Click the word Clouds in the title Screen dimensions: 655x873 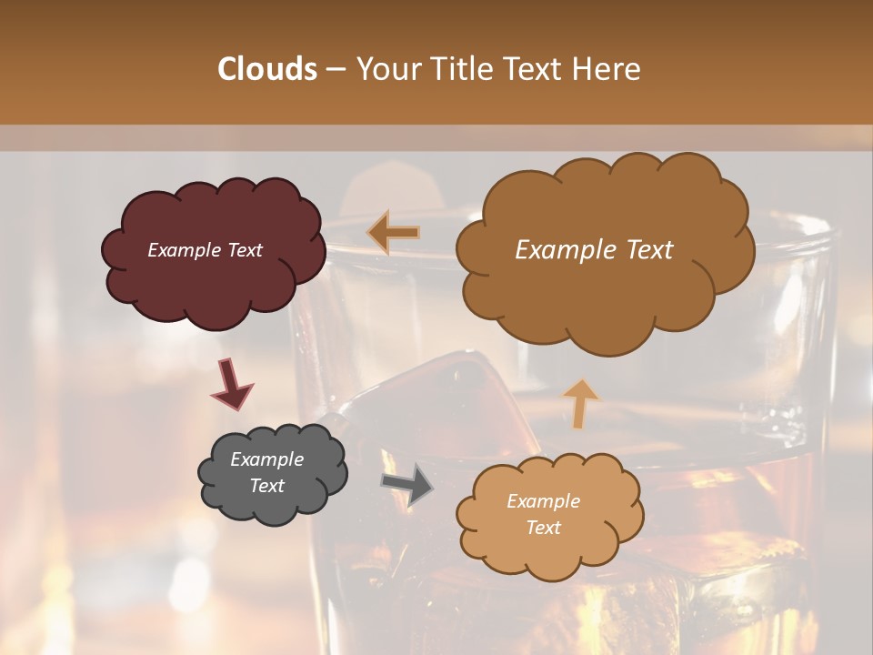click(x=267, y=69)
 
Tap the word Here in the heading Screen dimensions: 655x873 click(x=609, y=69)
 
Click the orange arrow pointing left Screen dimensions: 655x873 click(x=394, y=233)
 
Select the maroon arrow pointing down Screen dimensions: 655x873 click(x=231, y=384)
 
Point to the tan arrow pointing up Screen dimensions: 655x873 click(x=580, y=403)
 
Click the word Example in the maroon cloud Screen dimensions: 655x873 click(x=182, y=250)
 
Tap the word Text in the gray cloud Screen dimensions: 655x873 click(x=266, y=486)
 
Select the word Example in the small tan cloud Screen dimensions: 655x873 click(x=543, y=501)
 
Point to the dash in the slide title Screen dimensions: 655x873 click(x=336, y=70)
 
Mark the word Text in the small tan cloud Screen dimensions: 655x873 click(x=543, y=528)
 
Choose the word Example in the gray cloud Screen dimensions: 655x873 click(x=266, y=459)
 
